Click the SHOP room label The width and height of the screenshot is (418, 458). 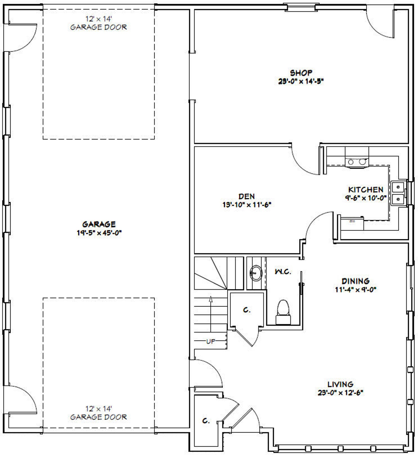[x=301, y=73]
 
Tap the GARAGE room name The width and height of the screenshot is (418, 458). [x=99, y=224]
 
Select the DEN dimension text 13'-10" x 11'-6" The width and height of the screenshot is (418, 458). [x=247, y=205]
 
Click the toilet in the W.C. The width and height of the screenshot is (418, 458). [x=283, y=311]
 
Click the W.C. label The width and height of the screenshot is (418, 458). [x=283, y=272]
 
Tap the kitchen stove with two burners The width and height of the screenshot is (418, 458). [x=357, y=162]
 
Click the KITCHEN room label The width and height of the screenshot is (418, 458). [x=366, y=190]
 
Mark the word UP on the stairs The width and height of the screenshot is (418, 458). [x=211, y=341]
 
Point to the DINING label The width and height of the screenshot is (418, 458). [x=355, y=281]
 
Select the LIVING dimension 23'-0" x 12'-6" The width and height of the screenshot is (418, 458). [x=340, y=393]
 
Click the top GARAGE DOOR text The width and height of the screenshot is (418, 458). [x=98, y=27]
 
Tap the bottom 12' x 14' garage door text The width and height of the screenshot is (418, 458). [x=98, y=409]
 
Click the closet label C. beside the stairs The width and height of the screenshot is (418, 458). [x=246, y=310]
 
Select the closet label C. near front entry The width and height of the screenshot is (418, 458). [x=206, y=421]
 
